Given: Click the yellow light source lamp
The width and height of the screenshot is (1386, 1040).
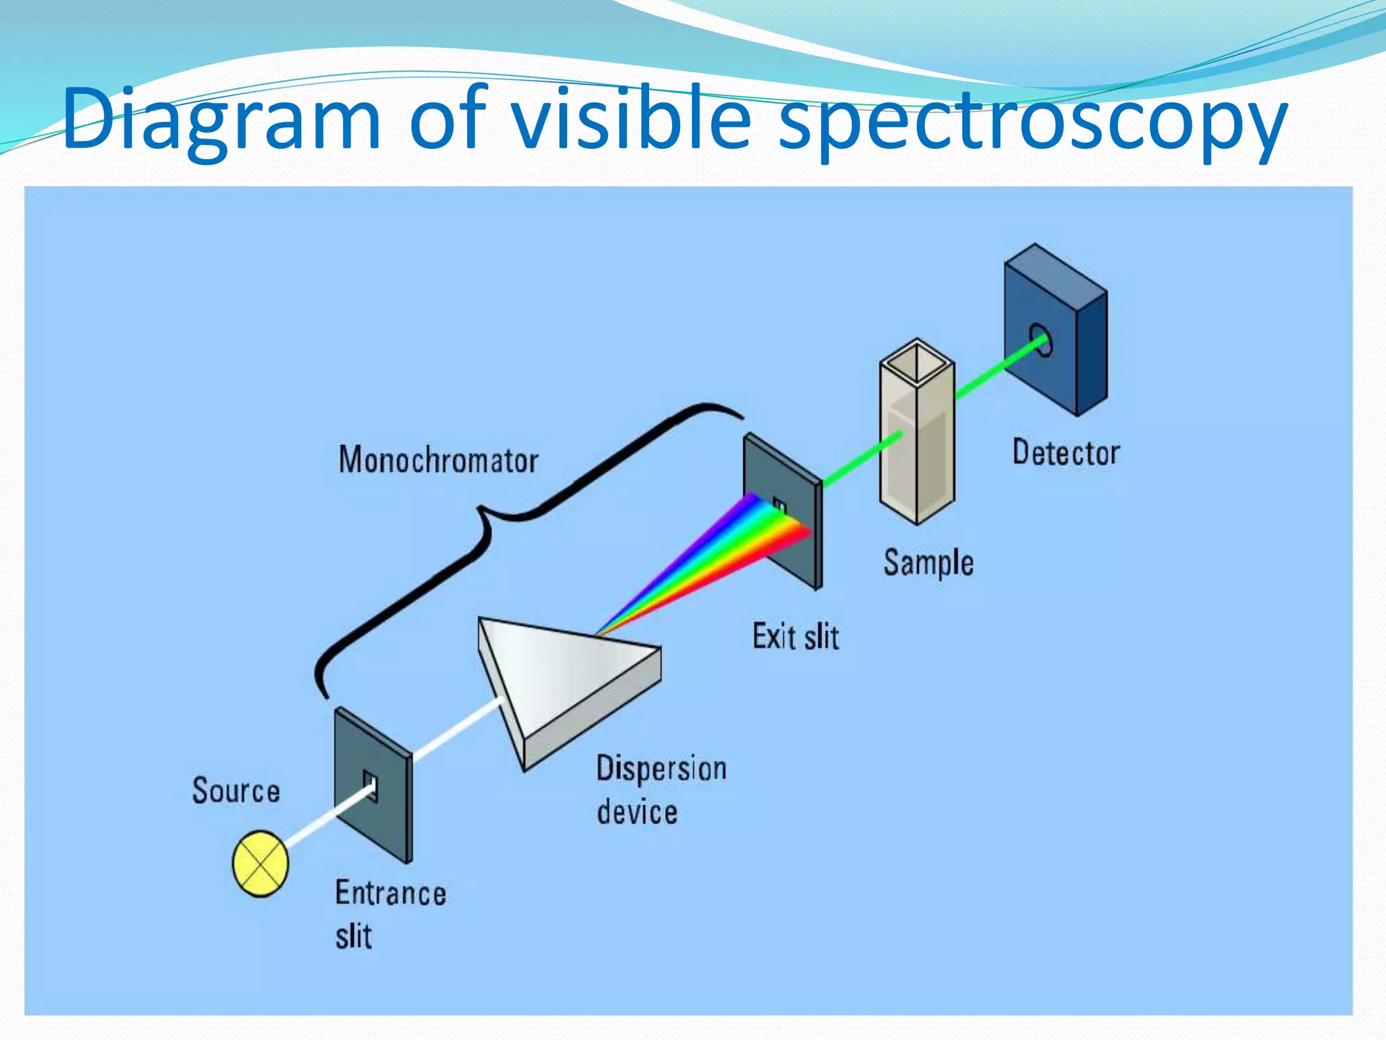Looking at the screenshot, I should [x=261, y=863].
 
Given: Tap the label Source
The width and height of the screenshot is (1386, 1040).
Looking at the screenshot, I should [x=236, y=791].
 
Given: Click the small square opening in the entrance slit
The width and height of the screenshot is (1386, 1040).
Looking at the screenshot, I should [x=370, y=785].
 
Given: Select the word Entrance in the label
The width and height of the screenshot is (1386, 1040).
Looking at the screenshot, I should [x=390, y=892].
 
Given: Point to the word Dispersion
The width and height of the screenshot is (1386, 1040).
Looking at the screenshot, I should [x=661, y=769].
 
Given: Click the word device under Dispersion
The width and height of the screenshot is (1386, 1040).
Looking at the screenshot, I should [x=637, y=812].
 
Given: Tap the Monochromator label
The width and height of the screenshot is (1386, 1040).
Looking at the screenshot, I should [x=439, y=460].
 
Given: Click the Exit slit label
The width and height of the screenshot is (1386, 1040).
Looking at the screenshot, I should [x=796, y=637].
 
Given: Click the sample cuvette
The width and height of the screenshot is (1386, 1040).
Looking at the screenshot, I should [x=917, y=440].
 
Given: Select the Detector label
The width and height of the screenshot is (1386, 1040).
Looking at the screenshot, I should [x=1066, y=452].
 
